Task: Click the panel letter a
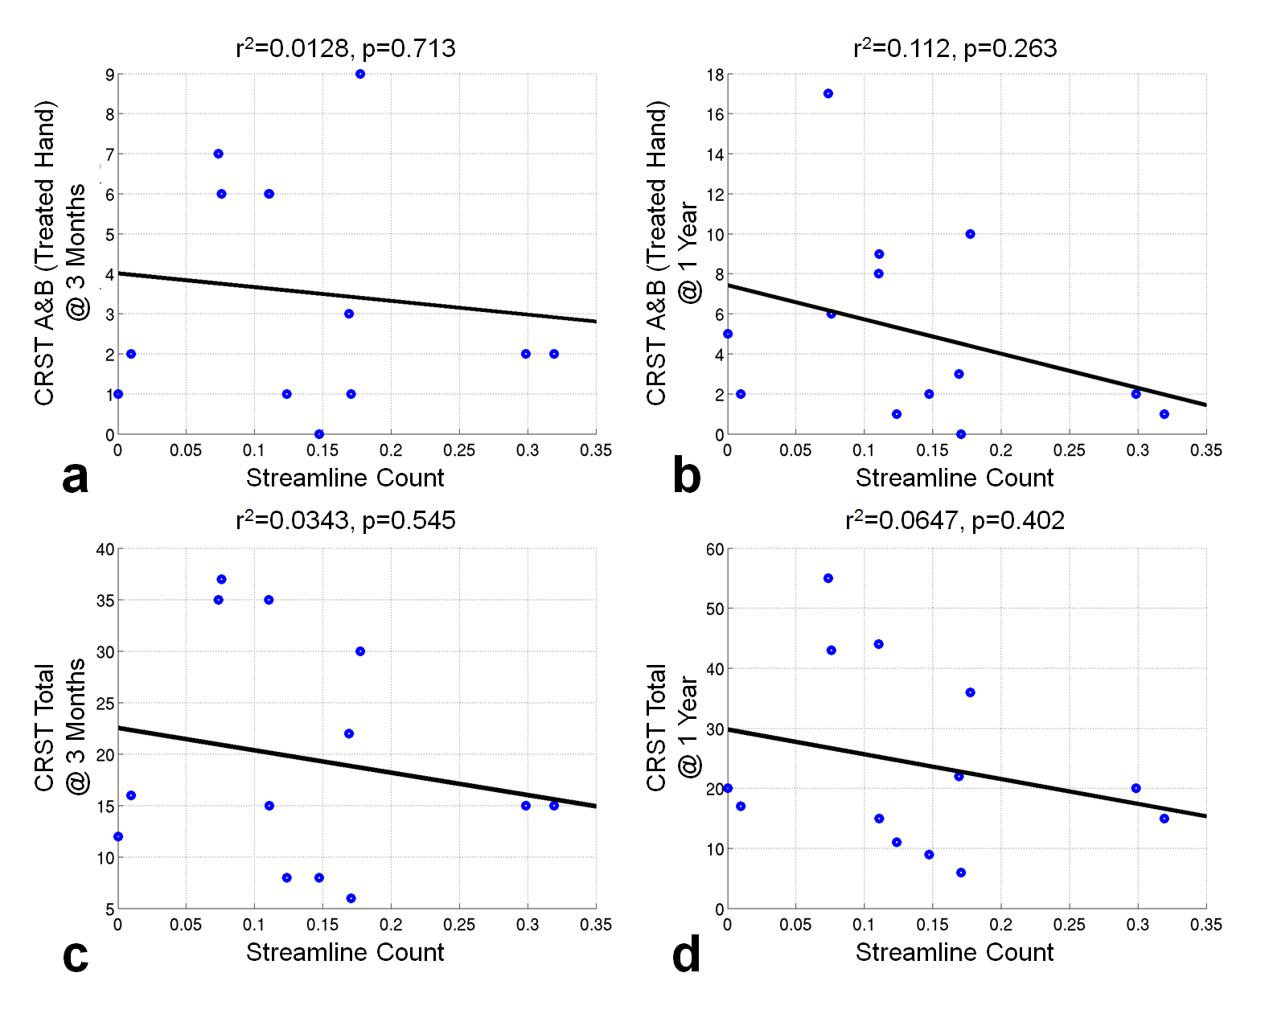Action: coord(75,478)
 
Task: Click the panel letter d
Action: coord(686,955)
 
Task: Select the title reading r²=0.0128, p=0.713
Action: coord(346,48)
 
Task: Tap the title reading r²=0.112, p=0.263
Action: coord(955,48)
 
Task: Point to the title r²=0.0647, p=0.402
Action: coord(955,520)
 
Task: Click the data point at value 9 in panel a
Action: coord(360,74)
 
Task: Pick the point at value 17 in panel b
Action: coord(828,94)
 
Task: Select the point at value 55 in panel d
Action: coord(828,578)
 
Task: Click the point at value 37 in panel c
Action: coord(221,579)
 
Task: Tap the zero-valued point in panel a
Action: coord(319,434)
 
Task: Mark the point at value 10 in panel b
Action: coord(970,234)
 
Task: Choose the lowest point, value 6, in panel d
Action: coord(961,872)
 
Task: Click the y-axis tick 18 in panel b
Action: coord(715,75)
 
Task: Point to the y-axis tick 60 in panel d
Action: coord(715,549)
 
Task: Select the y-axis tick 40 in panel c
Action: coord(105,549)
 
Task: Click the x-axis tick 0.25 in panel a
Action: coord(459,450)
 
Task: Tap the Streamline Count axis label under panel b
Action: coord(955,478)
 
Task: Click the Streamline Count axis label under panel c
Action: coord(345,952)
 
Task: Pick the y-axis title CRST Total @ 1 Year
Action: coord(672,728)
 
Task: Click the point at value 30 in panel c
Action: coord(360,651)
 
